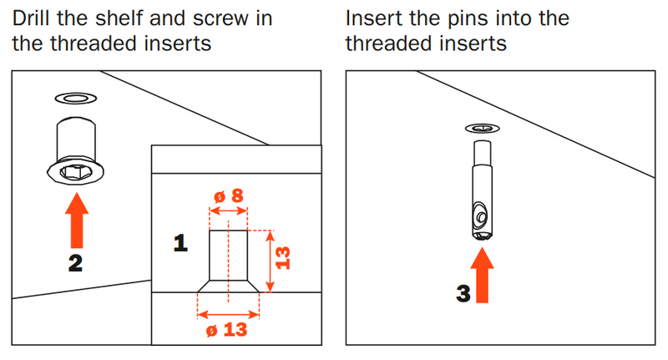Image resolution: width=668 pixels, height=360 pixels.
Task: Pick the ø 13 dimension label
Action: click(x=229, y=329)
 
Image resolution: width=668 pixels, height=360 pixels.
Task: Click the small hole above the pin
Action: click(x=481, y=129)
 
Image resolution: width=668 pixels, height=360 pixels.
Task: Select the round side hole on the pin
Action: click(x=482, y=216)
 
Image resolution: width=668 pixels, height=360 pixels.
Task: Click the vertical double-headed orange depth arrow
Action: click(x=270, y=261)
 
